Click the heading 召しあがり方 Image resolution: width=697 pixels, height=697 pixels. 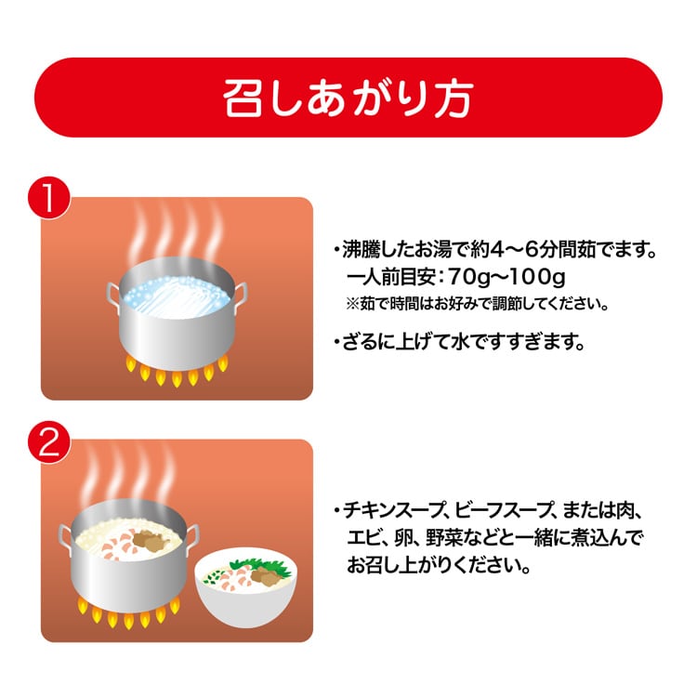pyautogui.click(x=348, y=99)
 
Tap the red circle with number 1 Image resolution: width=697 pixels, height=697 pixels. pyautogui.click(x=49, y=199)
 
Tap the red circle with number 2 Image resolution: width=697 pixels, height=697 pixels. pyautogui.click(x=49, y=441)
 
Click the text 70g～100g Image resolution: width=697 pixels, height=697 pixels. pyautogui.click(x=506, y=277)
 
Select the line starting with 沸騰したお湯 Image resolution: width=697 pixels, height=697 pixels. pyautogui.click(x=494, y=250)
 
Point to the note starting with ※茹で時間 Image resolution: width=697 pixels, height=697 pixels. pyautogui.click(x=477, y=304)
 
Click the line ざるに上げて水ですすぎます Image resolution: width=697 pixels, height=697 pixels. pyautogui.click(x=459, y=342)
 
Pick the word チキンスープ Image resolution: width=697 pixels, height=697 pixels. pyautogui.click(x=395, y=510)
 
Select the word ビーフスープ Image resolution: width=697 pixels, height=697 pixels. pyautogui.click(x=503, y=510)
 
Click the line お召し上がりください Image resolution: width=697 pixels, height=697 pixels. pyautogui.click(x=439, y=565)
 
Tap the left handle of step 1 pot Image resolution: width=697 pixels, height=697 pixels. pyautogui.click(x=113, y=296)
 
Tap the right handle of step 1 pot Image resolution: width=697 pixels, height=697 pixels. pyautogui.click(x=240, y=295)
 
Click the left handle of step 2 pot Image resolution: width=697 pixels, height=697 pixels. pyautogui.click(x=65, y=539)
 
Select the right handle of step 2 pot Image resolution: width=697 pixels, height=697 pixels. pyautogui.click(x=192, y=538)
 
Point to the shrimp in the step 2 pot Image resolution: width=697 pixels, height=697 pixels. pyautogui.click(x=117, y=546)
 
